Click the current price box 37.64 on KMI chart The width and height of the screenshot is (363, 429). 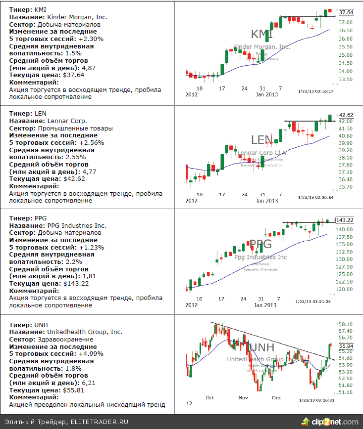(x=346, y=12)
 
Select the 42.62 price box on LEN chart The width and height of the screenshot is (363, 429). (x=346, y=115)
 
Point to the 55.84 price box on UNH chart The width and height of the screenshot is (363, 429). (x=346, y=346)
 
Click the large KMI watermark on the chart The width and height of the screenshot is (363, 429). (x=262, y=34)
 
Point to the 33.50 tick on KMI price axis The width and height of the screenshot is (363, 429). (x=345, y=79)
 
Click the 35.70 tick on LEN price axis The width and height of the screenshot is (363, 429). (x=345, y=187)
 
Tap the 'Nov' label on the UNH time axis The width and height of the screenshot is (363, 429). (x=243, y=397)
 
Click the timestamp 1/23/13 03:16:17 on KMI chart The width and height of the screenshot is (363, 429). (x=315, y=91)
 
